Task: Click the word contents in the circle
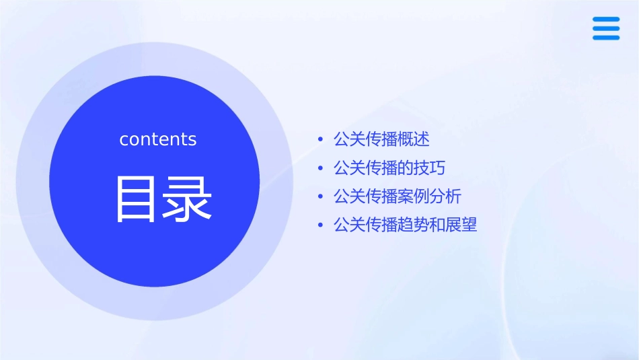(x=158, y=139)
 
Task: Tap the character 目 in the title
(x=135, y=199)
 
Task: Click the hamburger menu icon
(x=606, y=28)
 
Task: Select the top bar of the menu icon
(x=606, y=20)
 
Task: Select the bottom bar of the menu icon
(x=606, y=38)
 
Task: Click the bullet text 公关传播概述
(x=381, y=139)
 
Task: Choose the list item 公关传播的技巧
(x=389, y=168)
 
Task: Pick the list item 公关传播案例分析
(x=398, y=196)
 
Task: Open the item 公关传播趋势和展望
(x=405, y=225)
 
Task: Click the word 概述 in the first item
(x=414, y=139)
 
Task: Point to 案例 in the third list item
(x=414, y=196)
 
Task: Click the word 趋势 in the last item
(x=414, y=225)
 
